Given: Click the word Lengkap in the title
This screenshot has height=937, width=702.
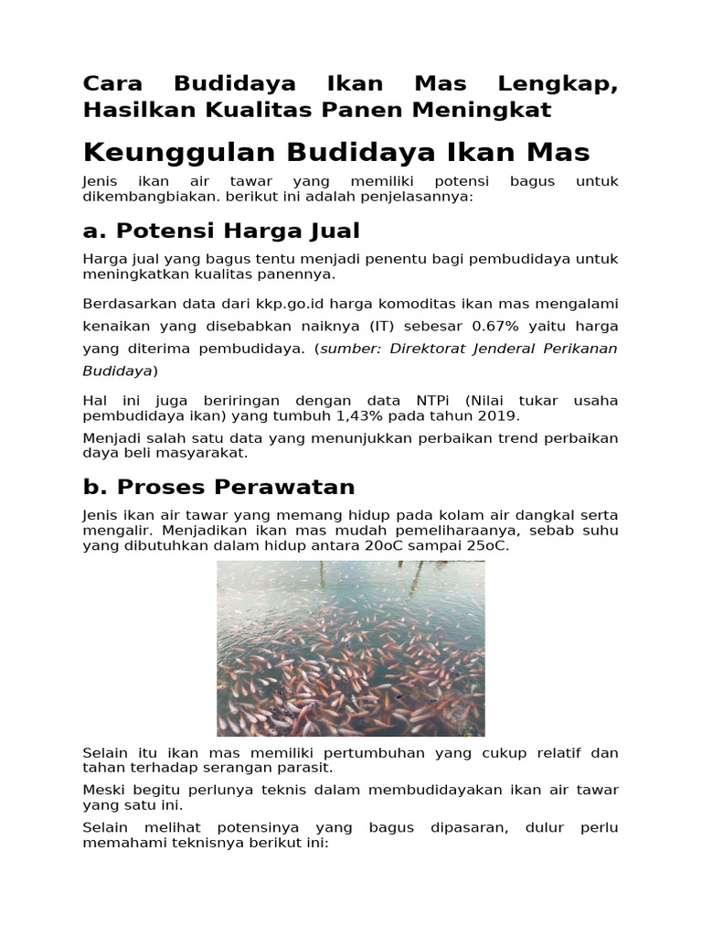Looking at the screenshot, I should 558,84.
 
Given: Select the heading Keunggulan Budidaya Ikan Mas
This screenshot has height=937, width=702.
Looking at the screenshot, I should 336,152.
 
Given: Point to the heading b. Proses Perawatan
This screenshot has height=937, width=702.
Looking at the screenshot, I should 218,486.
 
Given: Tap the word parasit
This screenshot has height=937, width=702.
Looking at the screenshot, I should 303,767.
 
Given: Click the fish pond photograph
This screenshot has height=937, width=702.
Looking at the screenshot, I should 350,648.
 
